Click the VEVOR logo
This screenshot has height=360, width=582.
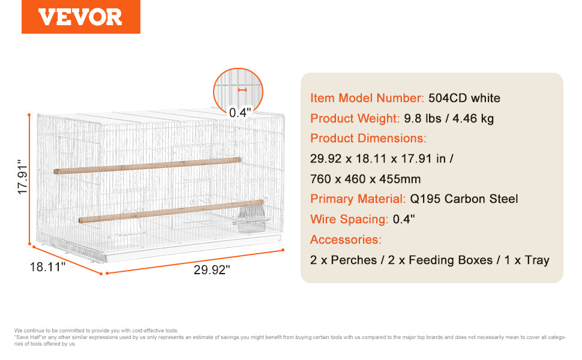[x=80, y=17]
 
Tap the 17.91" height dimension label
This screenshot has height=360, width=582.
[x=22, y=176]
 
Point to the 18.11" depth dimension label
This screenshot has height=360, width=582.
[x=47, y=266]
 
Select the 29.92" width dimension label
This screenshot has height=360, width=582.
[x=212, y=270]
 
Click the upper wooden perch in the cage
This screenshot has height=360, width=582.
[x=148, y=166]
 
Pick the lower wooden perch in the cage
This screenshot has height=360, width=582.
[x=171, y=211]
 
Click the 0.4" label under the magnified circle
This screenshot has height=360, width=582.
[x=240, y=112]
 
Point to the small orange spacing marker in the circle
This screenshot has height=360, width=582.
[x=242, y=90]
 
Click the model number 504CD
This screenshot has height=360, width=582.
[x=447, y=98]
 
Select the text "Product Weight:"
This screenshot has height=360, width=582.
[x=355, y=118]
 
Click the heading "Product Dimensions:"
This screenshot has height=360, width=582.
[x=368, y=139]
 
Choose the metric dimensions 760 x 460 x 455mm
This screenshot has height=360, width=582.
[x=365, y=179]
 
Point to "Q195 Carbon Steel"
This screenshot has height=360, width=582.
[x=464, y=199]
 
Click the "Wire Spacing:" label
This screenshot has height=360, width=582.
[x=349, y=220]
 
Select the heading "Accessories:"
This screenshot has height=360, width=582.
[x=346, y=240]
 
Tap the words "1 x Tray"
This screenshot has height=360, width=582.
[x=527, y=260]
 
